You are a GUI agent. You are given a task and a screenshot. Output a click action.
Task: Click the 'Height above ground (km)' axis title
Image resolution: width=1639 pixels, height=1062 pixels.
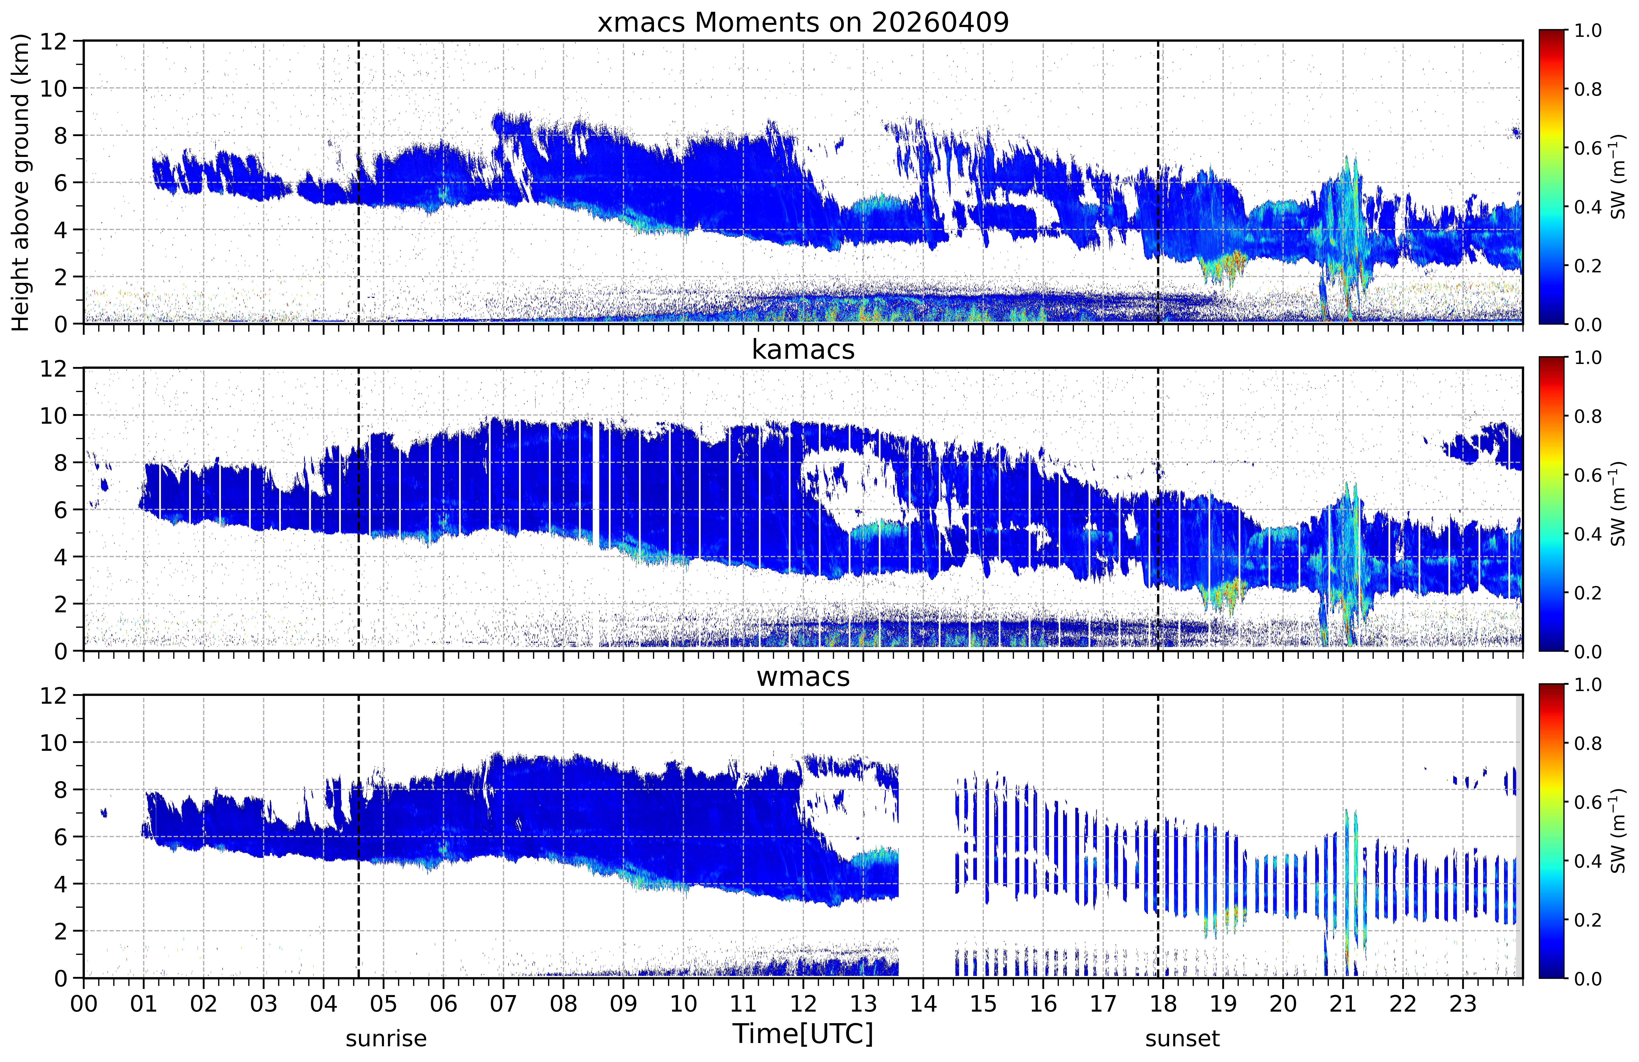pos(21,183)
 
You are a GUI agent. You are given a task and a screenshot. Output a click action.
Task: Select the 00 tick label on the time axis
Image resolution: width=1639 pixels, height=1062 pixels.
pos(84,1004)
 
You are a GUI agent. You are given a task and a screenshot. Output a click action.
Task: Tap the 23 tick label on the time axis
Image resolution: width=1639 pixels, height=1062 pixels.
pos(1463,1004)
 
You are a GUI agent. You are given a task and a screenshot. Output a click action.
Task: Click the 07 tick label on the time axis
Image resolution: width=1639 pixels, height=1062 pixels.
pos(503,1004)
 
